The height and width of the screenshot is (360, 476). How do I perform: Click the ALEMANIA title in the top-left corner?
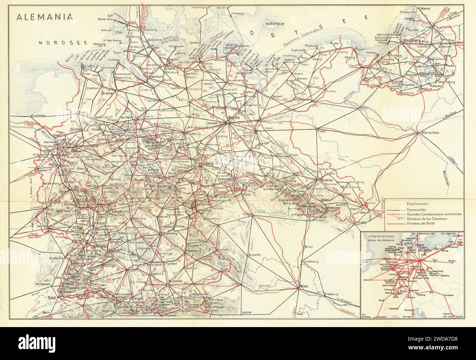pyautogui.click(x=35, y=18)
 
